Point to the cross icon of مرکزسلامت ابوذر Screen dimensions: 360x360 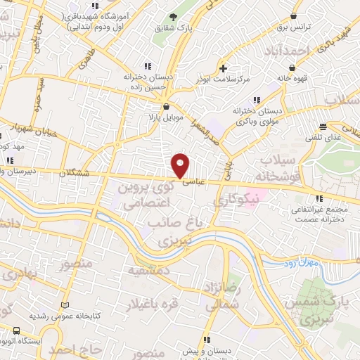(224, 68)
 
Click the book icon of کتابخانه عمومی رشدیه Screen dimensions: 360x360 (67, 305)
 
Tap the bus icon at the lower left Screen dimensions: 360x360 (16, 330)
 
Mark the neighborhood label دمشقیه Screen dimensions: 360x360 (147, 270)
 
